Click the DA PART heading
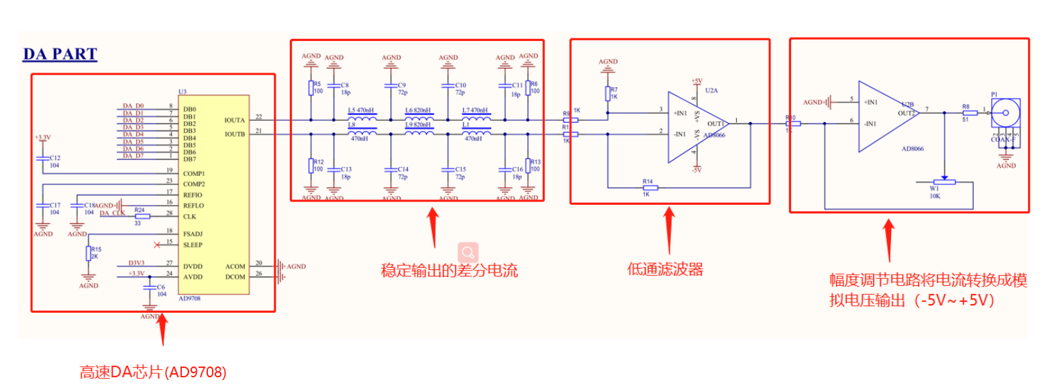pos(60,54)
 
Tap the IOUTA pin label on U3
pos(235,120)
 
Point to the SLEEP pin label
pos(193,245)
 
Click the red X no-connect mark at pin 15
pos(157,244)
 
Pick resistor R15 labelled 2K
pos(88,253)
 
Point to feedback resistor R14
pos(649,187)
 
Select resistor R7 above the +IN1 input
pos(608,93)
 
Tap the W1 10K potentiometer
pos(944,182)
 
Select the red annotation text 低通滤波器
pos(665,269)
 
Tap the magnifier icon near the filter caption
pos(468,252)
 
